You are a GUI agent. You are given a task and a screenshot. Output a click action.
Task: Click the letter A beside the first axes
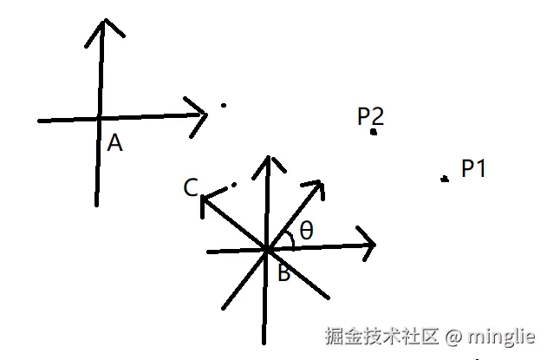[x=114, y=143]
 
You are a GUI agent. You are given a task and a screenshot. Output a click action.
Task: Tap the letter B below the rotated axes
[x=283, y=275]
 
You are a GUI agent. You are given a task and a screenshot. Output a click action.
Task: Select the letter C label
[x=192, y=187]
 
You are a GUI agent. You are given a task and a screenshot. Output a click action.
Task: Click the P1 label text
[x=473, y=168]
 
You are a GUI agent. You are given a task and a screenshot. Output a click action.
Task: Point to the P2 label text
[x=370, y=116]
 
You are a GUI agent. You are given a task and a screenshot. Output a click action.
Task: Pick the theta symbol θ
[x=306, y=231]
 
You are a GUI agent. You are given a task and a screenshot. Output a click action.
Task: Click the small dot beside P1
[x=445, y=179]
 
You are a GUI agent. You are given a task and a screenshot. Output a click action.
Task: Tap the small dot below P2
[x=374, y=133]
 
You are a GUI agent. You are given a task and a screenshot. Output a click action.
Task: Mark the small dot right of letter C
[x=233, y=184]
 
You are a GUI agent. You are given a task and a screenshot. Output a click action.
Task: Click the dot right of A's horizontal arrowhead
[x=224, y=106]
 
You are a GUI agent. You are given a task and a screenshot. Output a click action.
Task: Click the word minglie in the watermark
[x=502, y=336]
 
